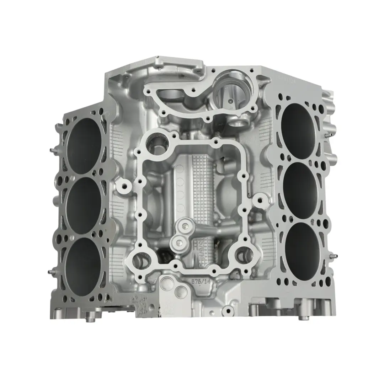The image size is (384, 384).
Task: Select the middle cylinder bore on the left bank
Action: point(84,204)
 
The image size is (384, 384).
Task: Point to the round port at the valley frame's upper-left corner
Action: point(157,144)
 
